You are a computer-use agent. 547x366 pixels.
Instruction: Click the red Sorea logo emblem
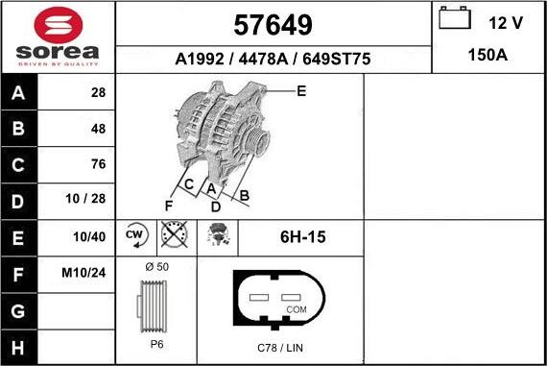(59, 26)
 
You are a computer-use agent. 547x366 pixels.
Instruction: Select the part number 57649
(273, 25)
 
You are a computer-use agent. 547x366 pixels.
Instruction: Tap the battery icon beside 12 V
(455, 18)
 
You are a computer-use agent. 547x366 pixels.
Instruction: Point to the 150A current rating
(488, 55)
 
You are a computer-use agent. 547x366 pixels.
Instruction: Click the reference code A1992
(200, 59)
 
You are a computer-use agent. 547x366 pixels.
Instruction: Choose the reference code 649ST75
(336, 59)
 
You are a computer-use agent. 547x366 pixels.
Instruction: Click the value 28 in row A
(99, 92)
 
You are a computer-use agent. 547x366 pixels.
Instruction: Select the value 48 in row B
(99, 129)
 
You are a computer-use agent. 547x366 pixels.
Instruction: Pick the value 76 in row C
(99, 164)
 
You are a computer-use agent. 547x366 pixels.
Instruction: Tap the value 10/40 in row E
(89, 236)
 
